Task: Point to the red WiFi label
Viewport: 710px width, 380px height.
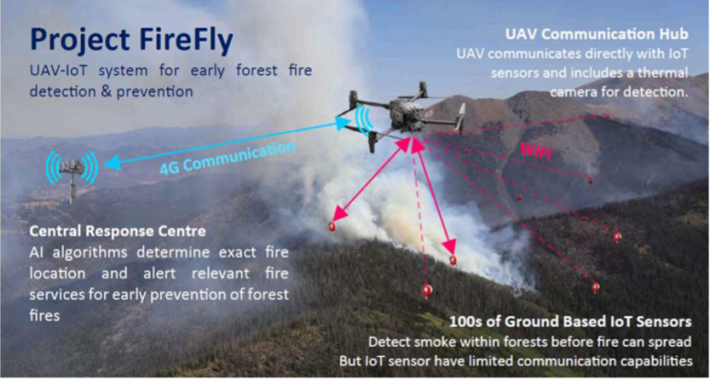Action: [537, 151]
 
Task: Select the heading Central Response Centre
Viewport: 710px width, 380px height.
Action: [117, 231]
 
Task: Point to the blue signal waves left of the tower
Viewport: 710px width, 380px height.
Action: [52, 166]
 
